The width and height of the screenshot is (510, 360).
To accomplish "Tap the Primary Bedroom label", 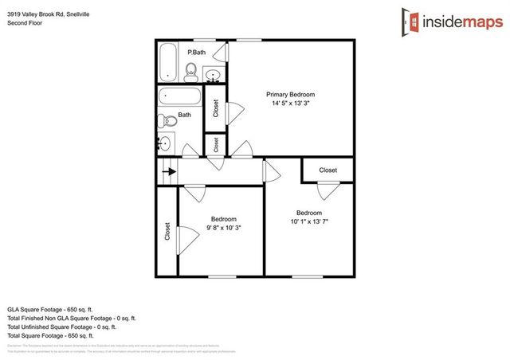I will (x=290, y=94).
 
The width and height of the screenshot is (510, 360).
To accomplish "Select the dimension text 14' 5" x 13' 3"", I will (x=290, y=104).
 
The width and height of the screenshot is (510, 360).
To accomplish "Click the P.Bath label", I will (x=196, y=53).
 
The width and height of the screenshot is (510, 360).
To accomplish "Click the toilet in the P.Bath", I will (x=190, y=74).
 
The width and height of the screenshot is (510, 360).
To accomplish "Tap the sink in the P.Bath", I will (x=214, y=76).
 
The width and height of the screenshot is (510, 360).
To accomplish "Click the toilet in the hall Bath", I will (x=166, y=121).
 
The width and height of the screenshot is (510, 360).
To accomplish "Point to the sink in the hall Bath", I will (x=165, y=143).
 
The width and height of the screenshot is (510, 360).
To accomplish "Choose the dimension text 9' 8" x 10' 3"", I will (x=223, y=228).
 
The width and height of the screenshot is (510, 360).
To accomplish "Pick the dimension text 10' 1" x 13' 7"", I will (x=308, y=221).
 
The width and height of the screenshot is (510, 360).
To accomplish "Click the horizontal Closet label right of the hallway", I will (x=328, y=170).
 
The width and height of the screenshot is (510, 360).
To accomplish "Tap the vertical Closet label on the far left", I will (x=167, y=231).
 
